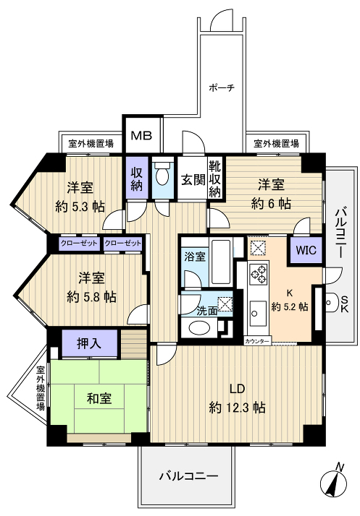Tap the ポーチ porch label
221,88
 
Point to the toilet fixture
164,176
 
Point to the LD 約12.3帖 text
237,398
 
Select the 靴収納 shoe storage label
215,179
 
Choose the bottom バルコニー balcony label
188,477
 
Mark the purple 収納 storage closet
136,177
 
